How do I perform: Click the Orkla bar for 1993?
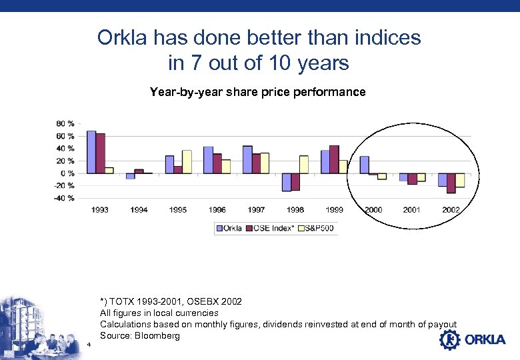tap(91, 152)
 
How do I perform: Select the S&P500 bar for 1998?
tap(304, 164)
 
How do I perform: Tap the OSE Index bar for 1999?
tap(334, 159)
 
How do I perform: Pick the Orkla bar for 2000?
tap(364, 165)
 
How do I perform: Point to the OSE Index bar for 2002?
tap(451, 183)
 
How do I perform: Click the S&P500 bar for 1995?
tap(187, 161)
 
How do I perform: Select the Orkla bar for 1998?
tap(286, 182)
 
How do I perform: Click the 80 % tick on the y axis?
tap(65, 124)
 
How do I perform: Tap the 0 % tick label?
tap(67, 173)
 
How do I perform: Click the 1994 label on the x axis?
tap(139, 210)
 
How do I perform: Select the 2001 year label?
tap(413, 210)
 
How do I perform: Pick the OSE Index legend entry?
tap(272, 229)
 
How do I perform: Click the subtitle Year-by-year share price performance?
tap(257, 92)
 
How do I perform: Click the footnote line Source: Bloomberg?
tap(139, 335)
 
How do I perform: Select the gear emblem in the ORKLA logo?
tap(449, 340)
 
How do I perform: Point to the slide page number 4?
tap(89, 345)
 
